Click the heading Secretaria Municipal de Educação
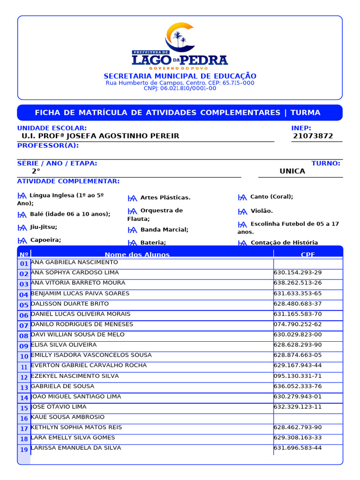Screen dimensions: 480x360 (x=180, y=76)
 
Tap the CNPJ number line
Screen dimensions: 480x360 (x=180, y=89)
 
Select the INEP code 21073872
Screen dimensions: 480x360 (x=313, y=136)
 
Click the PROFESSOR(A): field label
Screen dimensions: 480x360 (x=48, y=146)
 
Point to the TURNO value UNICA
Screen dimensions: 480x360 (x=292, y=171)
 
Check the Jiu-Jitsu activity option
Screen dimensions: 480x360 (x=22, y=227)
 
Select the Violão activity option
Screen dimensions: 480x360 (x=242, y=211)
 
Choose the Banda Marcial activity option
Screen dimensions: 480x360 (x=133, y=230)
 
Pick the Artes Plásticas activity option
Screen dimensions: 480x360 (x=133, y=198)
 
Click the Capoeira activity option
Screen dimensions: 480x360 (x=22, y=240)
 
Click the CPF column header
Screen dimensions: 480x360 (x=308, y=255)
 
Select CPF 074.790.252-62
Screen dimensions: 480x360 (x=298, y=324)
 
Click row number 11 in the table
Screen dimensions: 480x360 (x=24, y=367)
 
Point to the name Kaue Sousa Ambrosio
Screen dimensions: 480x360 (x=67, y=417)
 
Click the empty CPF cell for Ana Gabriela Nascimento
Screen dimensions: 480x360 (x=308, y=263)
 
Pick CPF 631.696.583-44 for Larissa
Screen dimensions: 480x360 (x=298, y=448)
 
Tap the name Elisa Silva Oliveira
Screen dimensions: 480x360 (x=64, y=345)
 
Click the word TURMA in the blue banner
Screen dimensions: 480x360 (x=305, y=112)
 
